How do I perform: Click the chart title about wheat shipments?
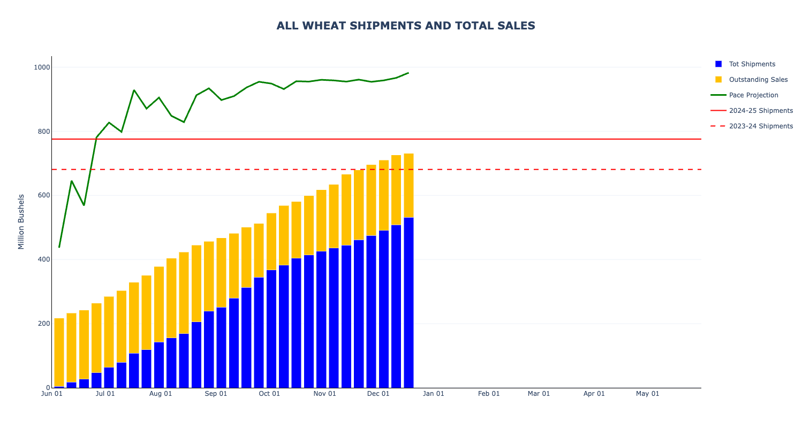[406, 26]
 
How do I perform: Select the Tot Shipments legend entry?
[752, 64]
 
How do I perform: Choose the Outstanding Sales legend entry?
[758, 80]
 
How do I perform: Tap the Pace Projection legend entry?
[753, 95]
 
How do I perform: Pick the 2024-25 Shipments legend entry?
[761, 111]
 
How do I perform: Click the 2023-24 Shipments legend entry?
[761, 126]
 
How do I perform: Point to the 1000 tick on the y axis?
[42, 67]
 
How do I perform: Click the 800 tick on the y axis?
[44, 132]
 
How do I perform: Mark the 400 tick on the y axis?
[44, 259]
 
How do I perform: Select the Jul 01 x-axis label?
[105, 394]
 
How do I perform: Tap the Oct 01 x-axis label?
[269, 394]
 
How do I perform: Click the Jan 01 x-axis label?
[434, 394]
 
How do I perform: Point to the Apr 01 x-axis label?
[594, 394]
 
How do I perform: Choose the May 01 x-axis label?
[647, 394]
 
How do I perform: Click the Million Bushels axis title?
[21, 221]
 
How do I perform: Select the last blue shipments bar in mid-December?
[408, 302]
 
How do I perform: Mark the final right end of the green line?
[408, 73]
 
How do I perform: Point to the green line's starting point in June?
[59, 247]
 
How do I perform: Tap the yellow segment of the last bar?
[408, 186]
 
